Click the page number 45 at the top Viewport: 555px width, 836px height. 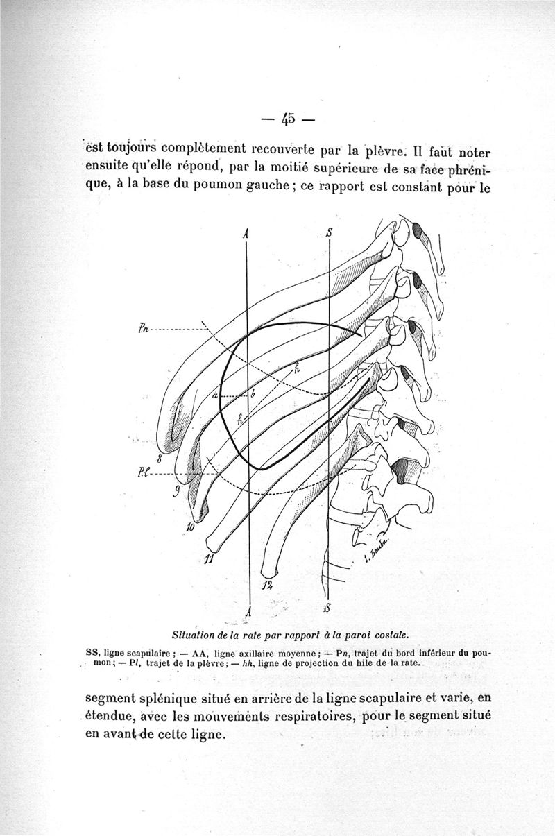click(287, 119)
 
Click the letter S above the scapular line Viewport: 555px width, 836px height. click(328, 233)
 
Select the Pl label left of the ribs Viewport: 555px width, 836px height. click(142, 474)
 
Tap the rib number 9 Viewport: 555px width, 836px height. click(176, 493)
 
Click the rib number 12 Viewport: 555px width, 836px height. click(268, 586)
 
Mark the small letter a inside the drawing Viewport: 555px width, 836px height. click(215, 395)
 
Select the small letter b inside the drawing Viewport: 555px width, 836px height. click(253, 393)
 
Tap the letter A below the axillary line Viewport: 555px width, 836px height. click(248, 611)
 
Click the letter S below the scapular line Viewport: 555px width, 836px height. click(327, 608)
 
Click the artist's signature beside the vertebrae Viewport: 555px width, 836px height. click(378, 552)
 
